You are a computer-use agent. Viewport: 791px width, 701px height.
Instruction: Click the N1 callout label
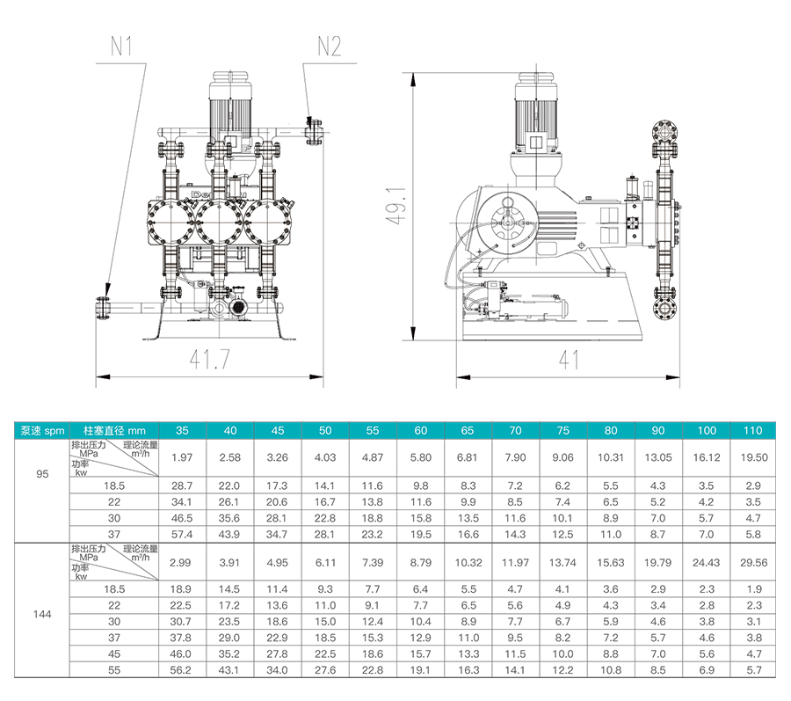click(122, 47)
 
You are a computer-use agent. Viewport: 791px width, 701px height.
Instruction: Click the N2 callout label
click(328, 47)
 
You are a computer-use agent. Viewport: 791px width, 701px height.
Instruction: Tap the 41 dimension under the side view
click(570, 360)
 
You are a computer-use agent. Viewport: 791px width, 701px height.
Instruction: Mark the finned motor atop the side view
click(536, 114)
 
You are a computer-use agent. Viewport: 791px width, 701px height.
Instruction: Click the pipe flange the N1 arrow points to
click(101, 310)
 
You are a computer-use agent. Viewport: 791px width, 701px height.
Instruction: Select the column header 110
click(753, 431)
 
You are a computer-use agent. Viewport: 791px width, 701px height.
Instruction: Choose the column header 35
click(182, 431)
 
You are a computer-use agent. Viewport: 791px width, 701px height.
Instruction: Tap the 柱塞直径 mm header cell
click(114, 431)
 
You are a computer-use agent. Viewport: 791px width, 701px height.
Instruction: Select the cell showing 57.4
click(182, 534)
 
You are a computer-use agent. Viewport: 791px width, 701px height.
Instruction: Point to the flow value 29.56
click(753, 563)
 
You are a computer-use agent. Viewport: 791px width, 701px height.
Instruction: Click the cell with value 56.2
click(182, 669)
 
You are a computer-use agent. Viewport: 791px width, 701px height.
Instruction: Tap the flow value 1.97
click(182, 457)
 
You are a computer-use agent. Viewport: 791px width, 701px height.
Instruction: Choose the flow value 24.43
click(706, 563)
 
